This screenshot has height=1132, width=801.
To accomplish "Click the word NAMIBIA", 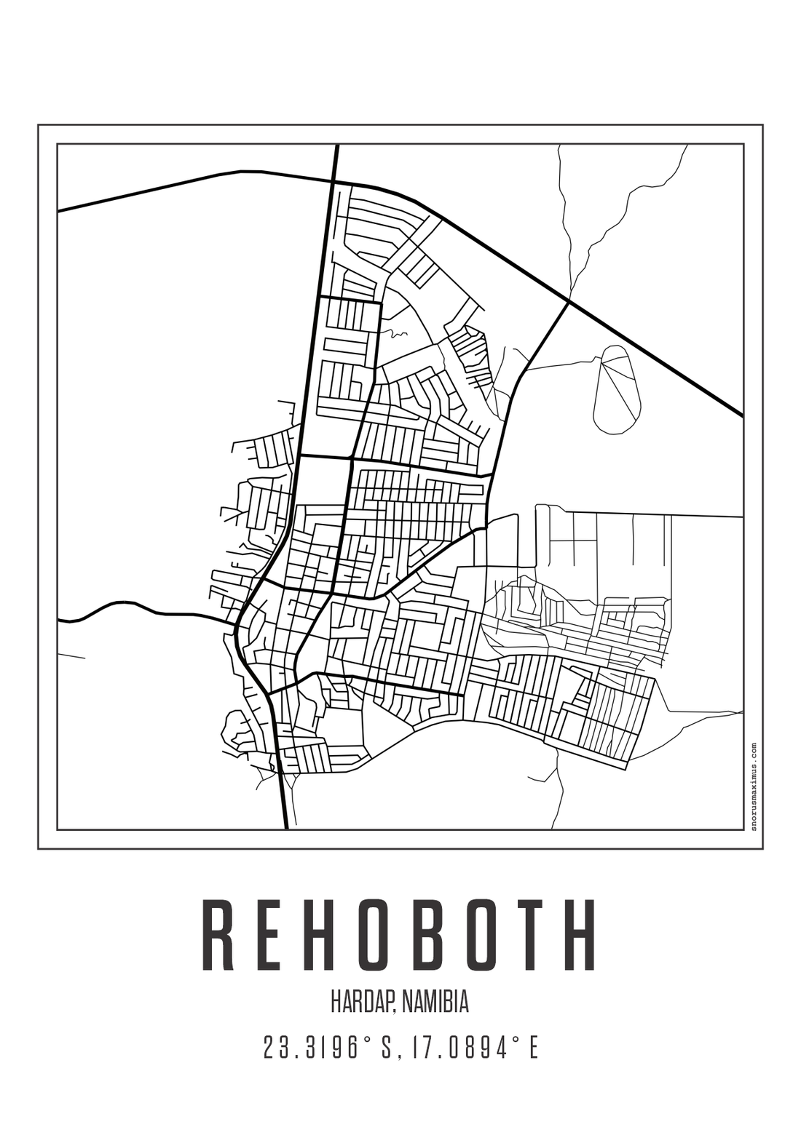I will (x=435, y=1002).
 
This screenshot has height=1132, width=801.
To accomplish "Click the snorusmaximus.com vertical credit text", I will (x=753, y=786).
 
